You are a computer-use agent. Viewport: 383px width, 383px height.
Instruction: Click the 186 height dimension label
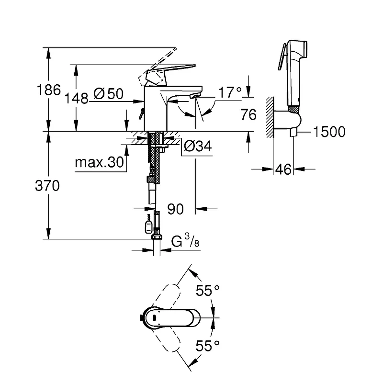[49, 90]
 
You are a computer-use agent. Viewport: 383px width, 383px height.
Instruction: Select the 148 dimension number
[77, 99]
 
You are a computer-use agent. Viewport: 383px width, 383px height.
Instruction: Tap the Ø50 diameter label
[109, 93]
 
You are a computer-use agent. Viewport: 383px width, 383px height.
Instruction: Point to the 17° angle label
[230, 92]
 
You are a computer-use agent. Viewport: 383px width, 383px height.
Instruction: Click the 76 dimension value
[248, 114]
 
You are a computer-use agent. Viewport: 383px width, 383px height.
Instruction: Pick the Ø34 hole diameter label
[198, 146]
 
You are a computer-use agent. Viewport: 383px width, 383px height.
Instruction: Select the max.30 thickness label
[99, 162]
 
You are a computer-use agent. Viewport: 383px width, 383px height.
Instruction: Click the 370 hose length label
[47, 185]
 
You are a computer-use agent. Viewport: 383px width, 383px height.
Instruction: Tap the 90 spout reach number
[175, 209]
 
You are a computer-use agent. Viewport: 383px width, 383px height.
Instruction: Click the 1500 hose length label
[329, 132]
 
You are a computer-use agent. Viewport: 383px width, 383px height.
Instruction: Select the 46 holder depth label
[283, 169]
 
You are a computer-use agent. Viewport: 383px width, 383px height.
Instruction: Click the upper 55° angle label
[207, 290]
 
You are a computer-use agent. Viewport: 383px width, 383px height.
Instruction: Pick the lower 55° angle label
[207, 346]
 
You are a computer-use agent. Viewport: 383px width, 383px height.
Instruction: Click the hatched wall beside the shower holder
[270, 117]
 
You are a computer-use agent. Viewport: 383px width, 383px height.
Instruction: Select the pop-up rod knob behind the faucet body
[141, 114]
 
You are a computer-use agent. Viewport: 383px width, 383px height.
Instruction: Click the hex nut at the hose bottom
[157, 237]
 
